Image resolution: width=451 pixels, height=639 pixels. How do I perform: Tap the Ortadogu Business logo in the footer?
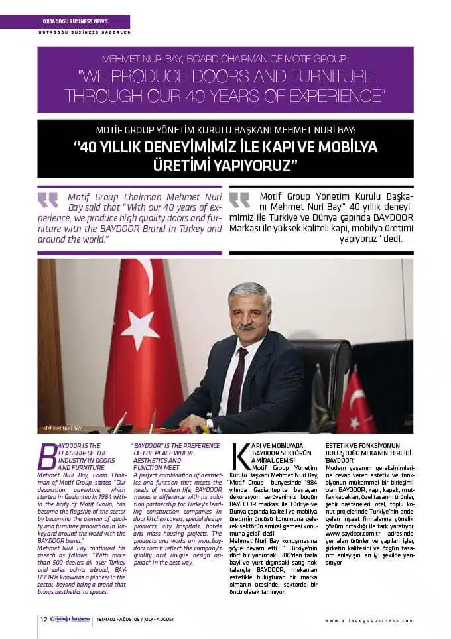pos(70,620)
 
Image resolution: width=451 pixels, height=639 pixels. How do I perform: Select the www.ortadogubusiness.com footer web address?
pos(369,620)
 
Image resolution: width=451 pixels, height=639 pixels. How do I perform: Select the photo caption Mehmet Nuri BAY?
pos(62,427)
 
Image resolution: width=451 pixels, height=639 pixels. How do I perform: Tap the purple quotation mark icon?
pos(48,200)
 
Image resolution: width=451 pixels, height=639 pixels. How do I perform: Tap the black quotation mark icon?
pos(239,200)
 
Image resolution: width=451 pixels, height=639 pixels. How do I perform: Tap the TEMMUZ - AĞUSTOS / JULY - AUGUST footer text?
pos(135,620)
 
